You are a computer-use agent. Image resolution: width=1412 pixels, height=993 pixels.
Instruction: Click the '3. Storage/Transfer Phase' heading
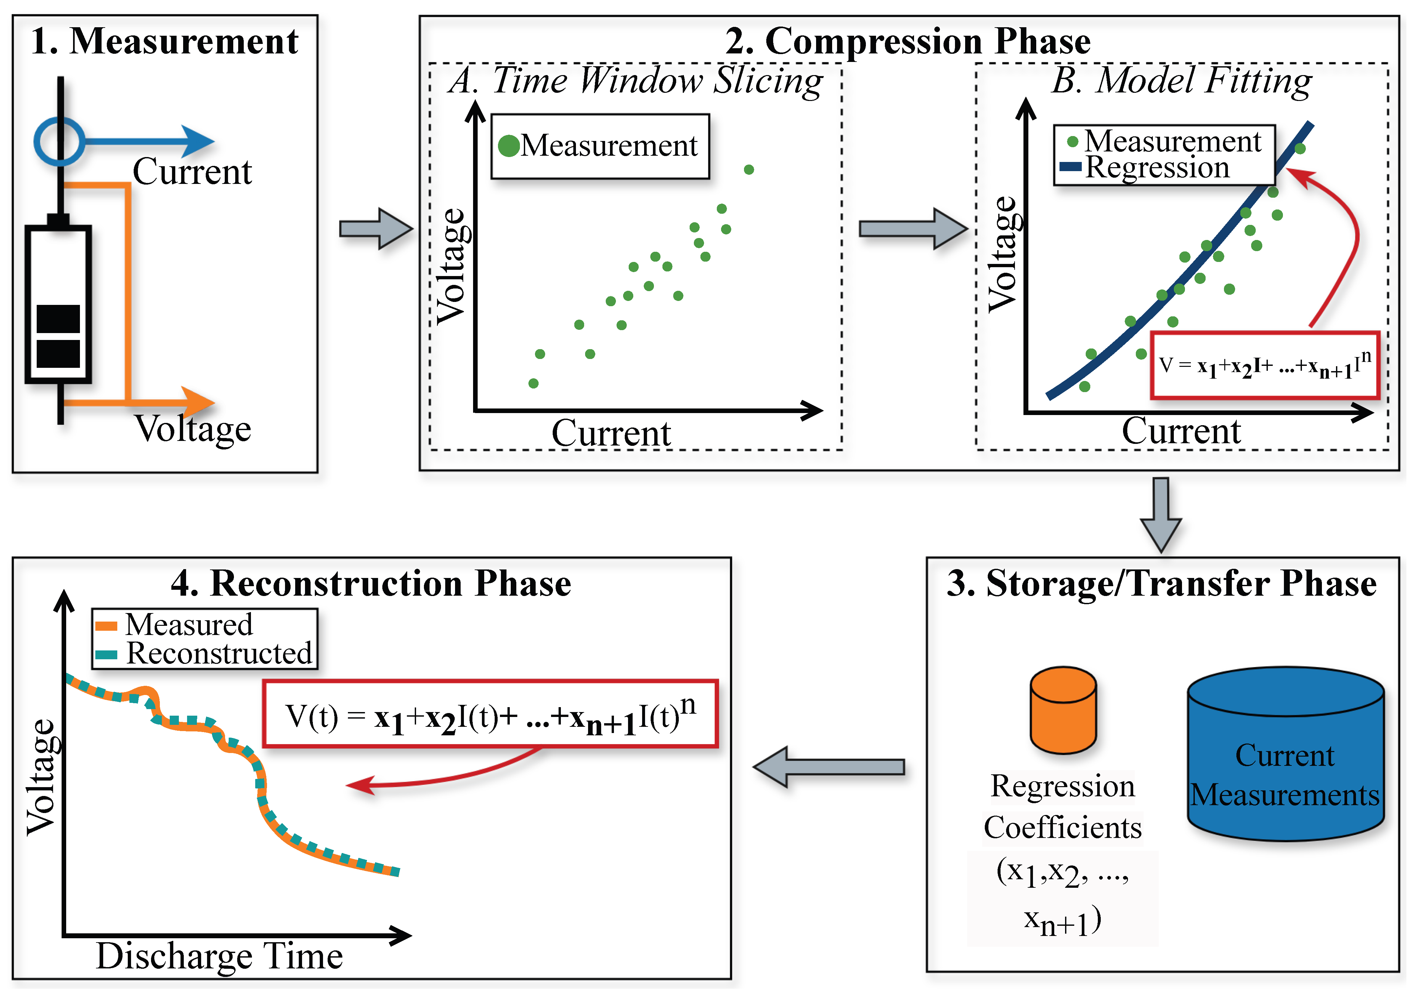click(1161, 583)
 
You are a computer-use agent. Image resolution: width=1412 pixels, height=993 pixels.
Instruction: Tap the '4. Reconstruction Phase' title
click(371, 583)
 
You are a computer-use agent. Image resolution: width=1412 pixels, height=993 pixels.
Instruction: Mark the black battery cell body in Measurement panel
click(58, 305)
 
